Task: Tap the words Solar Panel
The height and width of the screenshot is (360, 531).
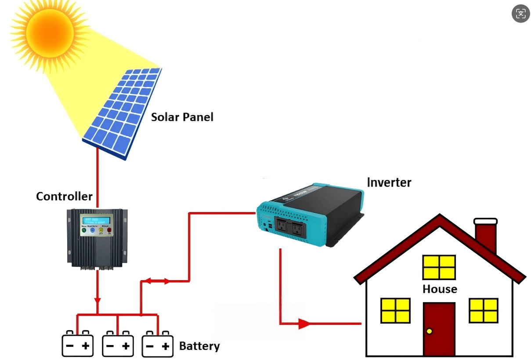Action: (182, 117)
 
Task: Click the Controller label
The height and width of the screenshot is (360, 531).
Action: (64, 196)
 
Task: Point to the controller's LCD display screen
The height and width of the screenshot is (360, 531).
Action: (97, 220)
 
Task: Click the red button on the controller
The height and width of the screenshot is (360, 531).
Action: (109, 230)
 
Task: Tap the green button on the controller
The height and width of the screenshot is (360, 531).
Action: (83, 230)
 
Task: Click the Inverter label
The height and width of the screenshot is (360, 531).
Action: (389, 182)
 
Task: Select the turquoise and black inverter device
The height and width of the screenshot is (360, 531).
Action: (310, 213)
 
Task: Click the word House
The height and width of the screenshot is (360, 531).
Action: (440, 289)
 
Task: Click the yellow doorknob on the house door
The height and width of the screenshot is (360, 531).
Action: (429, 331)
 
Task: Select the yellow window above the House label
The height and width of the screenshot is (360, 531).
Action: (439, 267)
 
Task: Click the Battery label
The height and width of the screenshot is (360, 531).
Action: (199, 346)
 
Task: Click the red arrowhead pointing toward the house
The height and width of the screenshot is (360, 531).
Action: (304, 324)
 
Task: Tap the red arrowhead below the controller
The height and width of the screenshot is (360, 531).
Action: (98, 300)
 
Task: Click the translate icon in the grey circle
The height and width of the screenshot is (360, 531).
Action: (520, 14)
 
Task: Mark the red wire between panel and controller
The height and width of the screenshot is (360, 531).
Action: (98, 176)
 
